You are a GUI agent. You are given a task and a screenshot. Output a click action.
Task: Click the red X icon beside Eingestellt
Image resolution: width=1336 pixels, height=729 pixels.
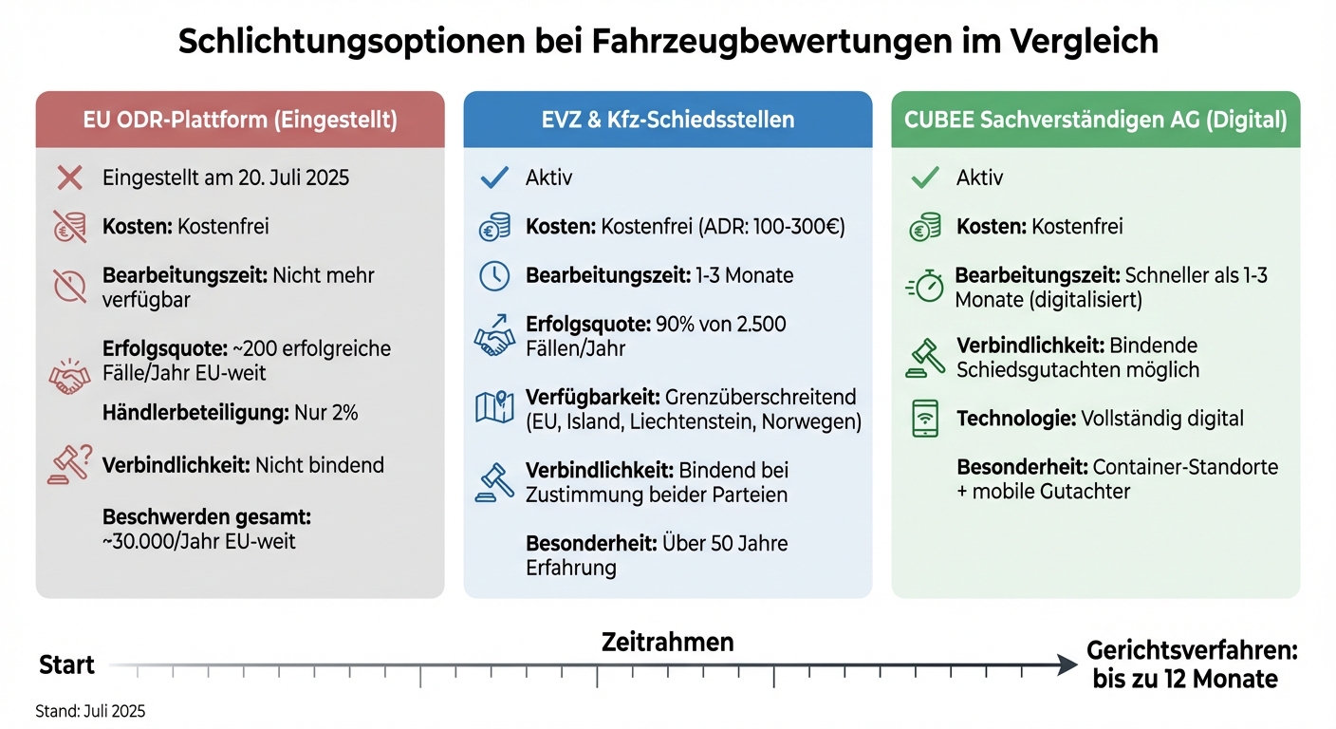tap(69, 178)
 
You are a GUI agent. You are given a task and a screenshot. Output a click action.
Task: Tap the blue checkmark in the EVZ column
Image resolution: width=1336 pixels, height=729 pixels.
tap(494, 178)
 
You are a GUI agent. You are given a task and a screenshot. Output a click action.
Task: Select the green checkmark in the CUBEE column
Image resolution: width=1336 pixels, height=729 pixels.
tap(924, 178)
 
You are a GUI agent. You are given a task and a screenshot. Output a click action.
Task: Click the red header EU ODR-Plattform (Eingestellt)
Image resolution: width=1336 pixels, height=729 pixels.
tap(239, 120)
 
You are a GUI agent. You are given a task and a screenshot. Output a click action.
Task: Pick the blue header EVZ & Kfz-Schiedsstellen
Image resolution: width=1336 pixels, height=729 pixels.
tap(667, 120)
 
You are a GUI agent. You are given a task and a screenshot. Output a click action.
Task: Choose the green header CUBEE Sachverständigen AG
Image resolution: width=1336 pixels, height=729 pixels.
tap(1095, 120)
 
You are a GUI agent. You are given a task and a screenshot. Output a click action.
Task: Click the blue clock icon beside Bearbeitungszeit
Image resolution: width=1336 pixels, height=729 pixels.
tap(494, 275)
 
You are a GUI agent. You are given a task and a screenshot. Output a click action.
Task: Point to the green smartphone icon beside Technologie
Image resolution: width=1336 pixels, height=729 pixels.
tap(925, 419)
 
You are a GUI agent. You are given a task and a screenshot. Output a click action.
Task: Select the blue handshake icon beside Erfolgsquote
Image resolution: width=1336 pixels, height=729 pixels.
tap(494, 337)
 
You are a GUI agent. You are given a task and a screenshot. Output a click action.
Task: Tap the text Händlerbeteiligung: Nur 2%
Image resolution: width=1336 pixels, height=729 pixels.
tap(231, 413)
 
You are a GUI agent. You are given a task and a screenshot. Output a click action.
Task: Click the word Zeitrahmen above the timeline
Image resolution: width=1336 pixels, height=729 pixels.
tap(667, 642)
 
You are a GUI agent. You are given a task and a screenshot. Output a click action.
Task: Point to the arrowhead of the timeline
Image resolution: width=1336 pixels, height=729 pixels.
tap(1068, 666)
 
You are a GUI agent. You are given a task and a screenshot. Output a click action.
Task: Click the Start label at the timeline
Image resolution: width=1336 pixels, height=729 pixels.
tap(66, 665)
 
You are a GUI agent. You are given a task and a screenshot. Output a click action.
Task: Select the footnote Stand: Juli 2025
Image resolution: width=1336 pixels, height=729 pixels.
tap(91, 711)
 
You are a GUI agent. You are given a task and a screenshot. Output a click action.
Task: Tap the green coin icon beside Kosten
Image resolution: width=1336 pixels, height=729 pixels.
tap(924, 227)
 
